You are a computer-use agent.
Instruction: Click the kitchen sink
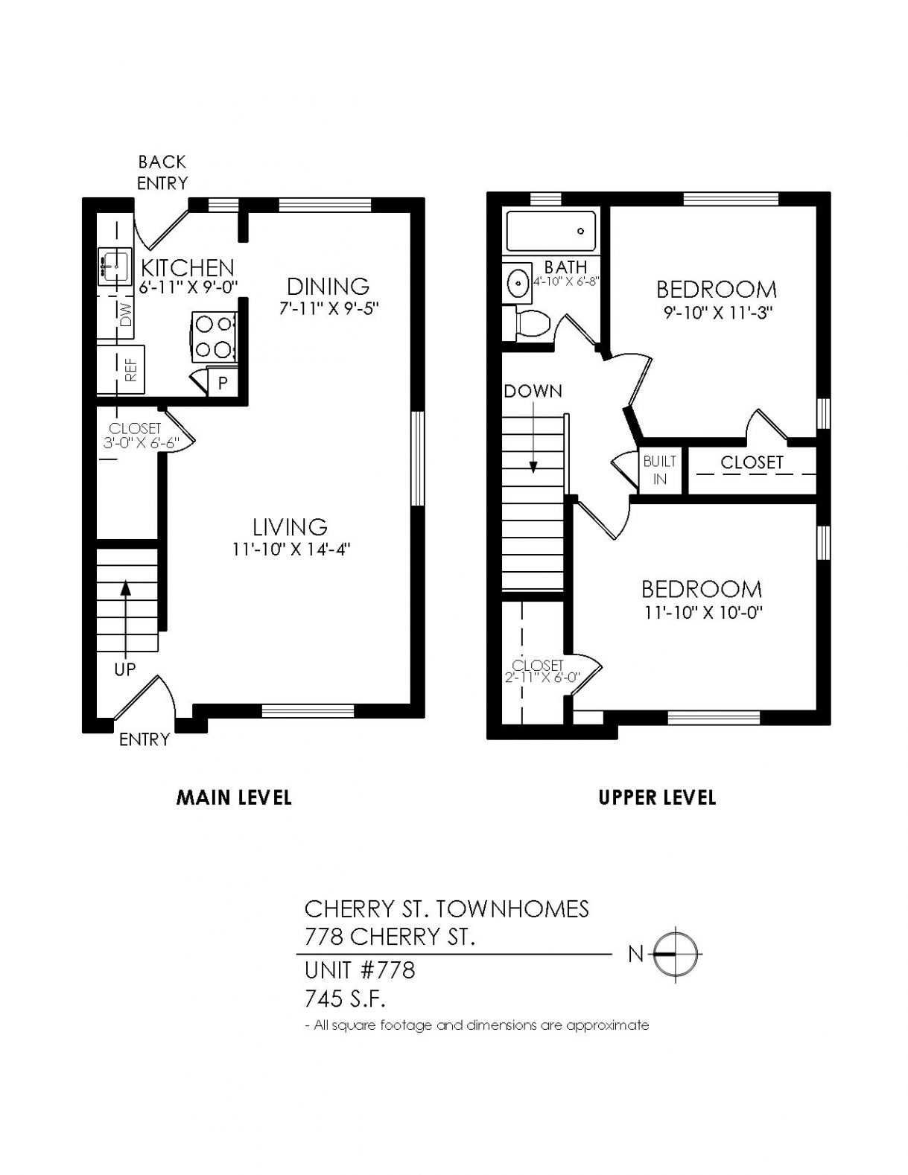114,267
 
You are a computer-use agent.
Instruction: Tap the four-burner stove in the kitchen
213,337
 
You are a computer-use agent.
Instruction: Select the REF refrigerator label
131,370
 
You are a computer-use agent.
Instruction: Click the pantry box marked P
222,383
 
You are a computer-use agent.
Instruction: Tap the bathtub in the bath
551,231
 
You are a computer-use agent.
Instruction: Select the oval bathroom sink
519,281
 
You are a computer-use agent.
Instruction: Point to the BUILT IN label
659,470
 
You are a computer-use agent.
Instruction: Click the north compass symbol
675,955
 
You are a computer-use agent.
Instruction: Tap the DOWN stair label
533,391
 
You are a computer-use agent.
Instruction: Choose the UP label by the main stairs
124,670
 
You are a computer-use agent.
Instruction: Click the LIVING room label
291,526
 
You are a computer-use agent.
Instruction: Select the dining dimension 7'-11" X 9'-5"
328,308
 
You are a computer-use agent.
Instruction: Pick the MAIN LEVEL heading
234,797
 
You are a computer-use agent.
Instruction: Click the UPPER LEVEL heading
657,797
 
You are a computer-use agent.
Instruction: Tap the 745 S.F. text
344,999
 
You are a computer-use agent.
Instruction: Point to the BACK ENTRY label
162,173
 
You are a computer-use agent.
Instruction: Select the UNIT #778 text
360,970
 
